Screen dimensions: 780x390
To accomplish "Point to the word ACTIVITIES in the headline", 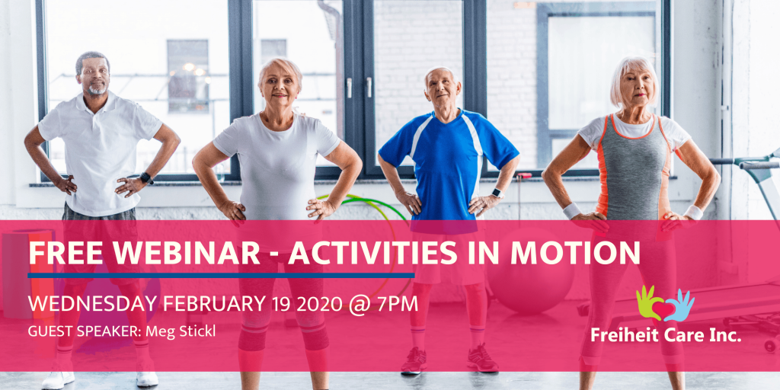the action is click(x=372, y=253).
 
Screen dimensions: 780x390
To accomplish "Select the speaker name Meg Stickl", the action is click(x=181, y=331).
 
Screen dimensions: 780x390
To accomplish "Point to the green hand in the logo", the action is click(x=647, y=301).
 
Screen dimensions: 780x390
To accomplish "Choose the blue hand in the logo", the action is click(x=681, y=305).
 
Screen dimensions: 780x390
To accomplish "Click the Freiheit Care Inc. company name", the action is click(x=666, y=334).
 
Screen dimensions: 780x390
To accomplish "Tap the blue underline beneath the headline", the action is click(x=221, y=275).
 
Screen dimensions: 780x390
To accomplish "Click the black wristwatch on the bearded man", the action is click(x=146, y=178).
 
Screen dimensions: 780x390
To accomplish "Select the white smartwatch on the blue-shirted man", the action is click(x=497, y=193).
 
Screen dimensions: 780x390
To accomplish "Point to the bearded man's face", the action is click(x=93, y=76).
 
